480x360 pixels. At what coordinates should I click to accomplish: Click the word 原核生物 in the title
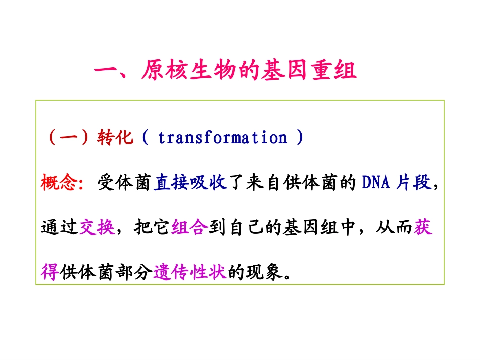tap(187, 71)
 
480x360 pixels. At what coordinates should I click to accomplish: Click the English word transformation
tap(222, 138)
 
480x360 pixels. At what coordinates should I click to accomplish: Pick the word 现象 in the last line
tap(265, 272)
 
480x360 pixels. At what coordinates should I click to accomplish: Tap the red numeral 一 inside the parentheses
tap(68, 138)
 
